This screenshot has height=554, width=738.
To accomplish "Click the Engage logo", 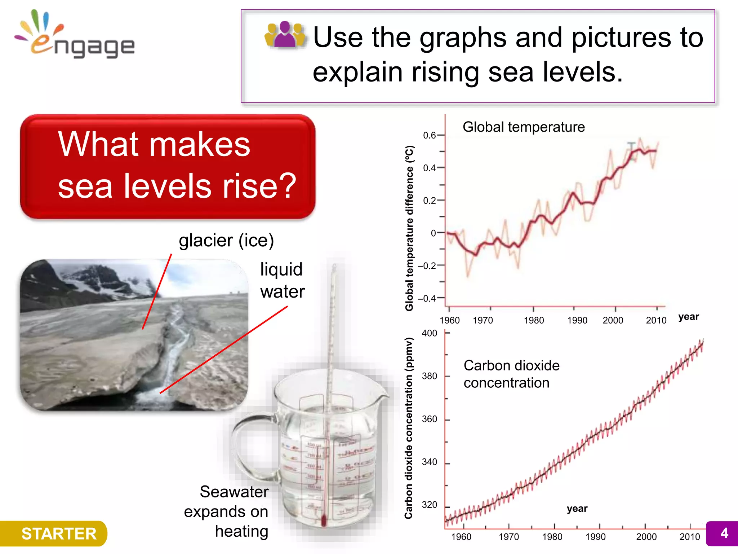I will pos(76,36).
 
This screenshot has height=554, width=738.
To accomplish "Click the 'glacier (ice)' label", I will pos(226,241).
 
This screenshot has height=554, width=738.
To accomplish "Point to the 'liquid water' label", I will pos(282,281).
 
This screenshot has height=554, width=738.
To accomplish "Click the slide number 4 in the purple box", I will pos(724,533).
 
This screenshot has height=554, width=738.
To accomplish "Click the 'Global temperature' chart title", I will pos(523,127).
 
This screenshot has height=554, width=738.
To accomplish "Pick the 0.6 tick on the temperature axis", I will pos(430,135).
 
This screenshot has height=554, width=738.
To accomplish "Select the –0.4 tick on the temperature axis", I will pos(427,299).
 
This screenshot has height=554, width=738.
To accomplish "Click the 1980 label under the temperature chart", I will pos(534,320).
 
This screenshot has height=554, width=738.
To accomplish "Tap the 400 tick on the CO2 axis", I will pos(430,333).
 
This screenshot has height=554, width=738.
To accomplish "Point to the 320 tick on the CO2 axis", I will pos(430,505).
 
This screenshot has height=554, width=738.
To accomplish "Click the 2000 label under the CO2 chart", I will pos(646,537).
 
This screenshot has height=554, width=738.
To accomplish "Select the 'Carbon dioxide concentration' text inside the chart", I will pos(511,374).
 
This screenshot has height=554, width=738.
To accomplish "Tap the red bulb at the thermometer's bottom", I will pos(323,520).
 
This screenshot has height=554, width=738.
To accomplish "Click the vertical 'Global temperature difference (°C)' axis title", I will pos(409,228).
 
